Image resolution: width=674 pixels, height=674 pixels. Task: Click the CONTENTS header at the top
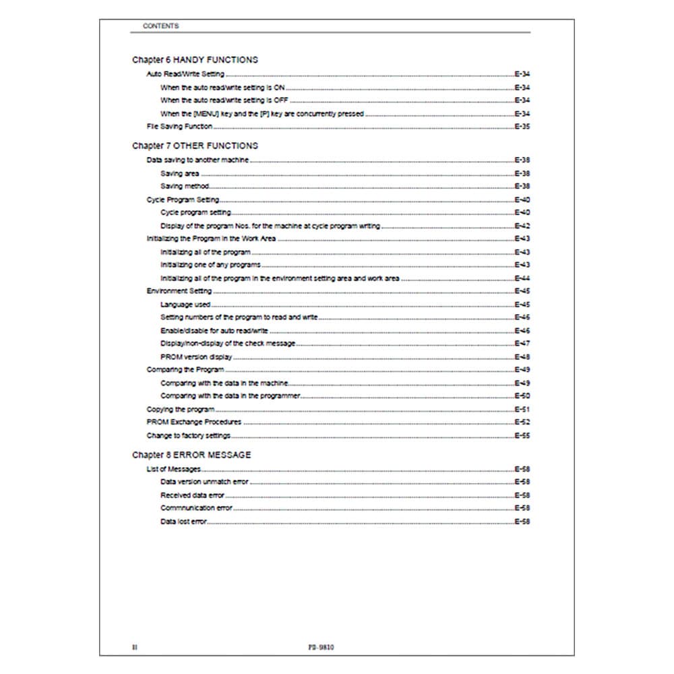click(160, 26)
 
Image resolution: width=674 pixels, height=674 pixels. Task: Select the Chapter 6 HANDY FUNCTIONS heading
click(195, 60)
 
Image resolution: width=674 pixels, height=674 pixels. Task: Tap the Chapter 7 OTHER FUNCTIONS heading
click(195, 146)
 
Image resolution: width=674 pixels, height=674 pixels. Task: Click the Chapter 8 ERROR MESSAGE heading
click(191, 455)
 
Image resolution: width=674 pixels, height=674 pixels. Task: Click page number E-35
click(522, 127)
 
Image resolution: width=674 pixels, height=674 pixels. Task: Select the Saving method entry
click(185, 187)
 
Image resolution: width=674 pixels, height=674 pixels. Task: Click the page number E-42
click(522, 226)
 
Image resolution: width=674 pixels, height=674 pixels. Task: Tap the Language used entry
click(185, 305)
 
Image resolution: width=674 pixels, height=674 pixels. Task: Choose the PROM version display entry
click(196, 357)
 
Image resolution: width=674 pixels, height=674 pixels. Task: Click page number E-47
click(522, 344)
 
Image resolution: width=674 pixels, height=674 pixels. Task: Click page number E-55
click(522, 436)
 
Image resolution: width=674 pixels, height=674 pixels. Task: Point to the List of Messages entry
click(174, 469)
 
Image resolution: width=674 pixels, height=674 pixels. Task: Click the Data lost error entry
click(183, 522)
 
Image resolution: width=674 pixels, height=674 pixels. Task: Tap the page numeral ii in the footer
click(134, 647)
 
